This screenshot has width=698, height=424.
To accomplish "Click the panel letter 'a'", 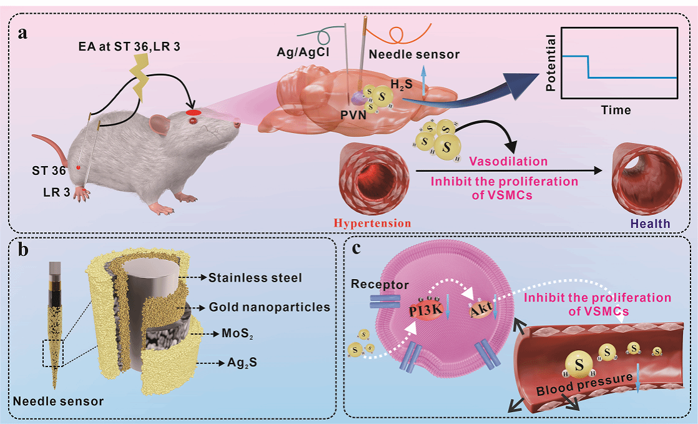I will click(22, 33).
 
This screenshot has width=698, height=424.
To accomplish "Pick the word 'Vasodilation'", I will click(509, 161).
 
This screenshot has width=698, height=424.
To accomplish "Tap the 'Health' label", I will click(649, 223).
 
